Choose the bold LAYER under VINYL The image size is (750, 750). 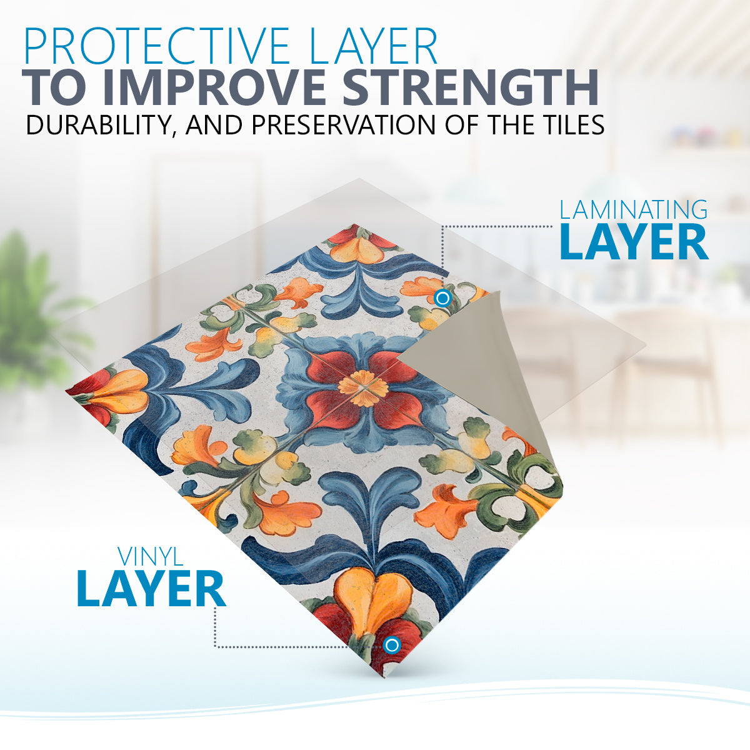tap(152, 589)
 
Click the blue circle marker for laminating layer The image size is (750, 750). tap(442, 299)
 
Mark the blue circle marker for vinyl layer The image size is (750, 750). tap(391, 645)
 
